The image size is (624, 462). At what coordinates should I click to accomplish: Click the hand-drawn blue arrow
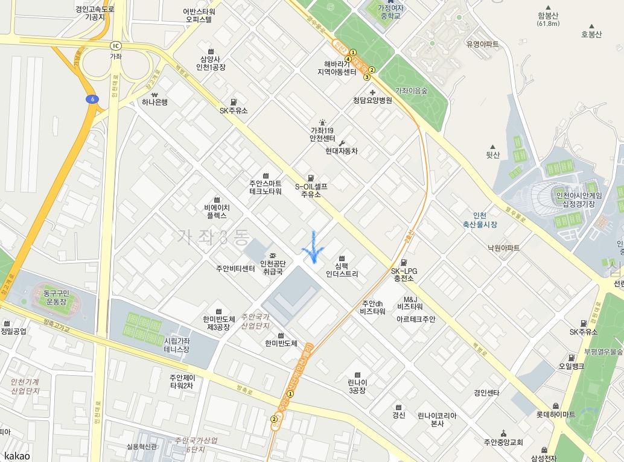(313, 247)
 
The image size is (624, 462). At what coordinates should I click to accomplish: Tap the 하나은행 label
(154, 102)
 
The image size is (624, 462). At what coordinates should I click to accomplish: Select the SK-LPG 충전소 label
(404, 274)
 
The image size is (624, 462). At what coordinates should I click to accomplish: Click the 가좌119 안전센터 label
(322, 134)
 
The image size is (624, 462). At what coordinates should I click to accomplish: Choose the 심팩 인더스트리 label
(342, 269)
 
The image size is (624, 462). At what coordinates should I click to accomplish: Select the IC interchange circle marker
(115, 45)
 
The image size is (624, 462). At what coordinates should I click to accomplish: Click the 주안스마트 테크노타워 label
(266, 187)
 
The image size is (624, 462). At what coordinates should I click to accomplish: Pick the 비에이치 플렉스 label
(216, 210)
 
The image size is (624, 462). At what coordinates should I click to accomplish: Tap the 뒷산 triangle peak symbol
(494, 147)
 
